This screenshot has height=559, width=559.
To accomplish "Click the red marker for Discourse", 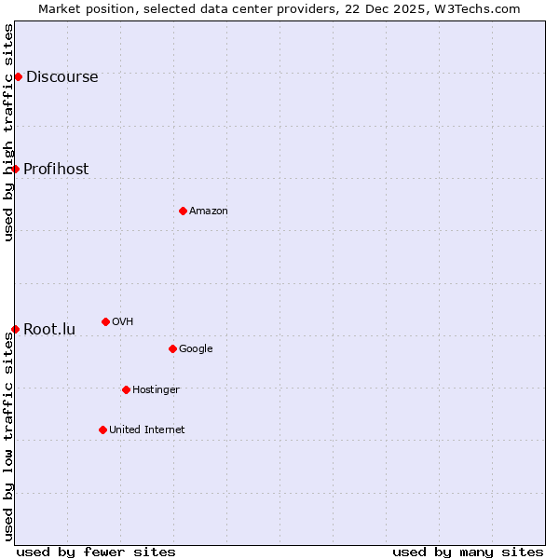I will click(18, 76).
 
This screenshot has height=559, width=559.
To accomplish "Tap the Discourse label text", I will click(61, 77).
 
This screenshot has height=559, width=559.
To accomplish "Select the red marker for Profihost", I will click(16, 169).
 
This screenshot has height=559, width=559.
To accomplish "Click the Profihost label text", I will click(56, 169).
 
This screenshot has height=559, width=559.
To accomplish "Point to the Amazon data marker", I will click(183, 211).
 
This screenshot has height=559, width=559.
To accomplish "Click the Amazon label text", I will click(209, 211).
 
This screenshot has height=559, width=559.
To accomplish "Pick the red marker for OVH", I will click(105, 321).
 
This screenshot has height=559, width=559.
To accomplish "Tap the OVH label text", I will click(122, 322).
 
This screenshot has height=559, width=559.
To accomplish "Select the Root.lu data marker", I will click(16, 329).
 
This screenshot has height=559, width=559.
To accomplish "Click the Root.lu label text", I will click(49, 329).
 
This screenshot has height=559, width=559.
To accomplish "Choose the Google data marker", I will click(172, 348).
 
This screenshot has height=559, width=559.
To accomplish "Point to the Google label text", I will click(196, 349).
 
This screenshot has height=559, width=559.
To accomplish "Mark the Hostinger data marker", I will click(126, 389).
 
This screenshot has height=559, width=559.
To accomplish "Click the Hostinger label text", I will click(156, 390).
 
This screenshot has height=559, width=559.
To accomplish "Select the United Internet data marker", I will click(102, 429).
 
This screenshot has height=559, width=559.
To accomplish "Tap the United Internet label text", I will click(146, 430).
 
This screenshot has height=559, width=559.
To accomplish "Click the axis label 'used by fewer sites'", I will click(96, 552).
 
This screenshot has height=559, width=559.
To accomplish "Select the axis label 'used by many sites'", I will click(468, 552).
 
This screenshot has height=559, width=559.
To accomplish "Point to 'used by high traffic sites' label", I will click(8, 132).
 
